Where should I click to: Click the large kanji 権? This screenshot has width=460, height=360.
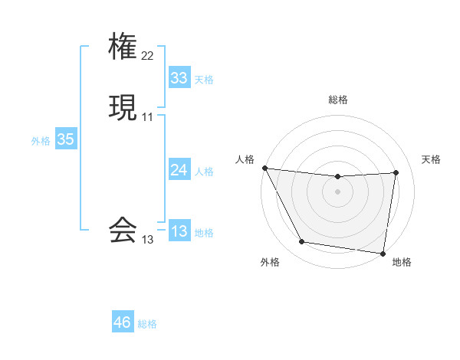click(123, 47)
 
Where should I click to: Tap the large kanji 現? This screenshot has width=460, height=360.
click(123, 106)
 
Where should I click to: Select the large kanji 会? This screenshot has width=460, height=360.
click(123, 229)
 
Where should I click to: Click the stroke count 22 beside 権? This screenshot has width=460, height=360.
click(148, 55)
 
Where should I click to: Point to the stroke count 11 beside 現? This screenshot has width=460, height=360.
click(148, 116)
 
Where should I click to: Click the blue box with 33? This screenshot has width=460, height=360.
click(179, 78)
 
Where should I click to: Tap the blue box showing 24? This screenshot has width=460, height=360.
click(179, 170)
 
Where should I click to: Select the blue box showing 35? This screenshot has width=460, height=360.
click(65, 139)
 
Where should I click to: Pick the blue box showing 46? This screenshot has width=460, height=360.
click(123, 322)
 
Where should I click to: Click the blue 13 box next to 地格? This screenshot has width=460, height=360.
click(179, 231)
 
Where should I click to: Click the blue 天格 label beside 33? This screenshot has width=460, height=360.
click(204, 80)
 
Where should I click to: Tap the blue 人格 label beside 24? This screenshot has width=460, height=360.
click(204, 172)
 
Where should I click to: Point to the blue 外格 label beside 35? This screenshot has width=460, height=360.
click(41, 141)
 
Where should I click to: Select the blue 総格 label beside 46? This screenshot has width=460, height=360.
click(147, 324)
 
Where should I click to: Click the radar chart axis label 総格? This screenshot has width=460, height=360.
click(338, 100)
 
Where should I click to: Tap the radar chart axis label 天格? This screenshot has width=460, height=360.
click(432, 159)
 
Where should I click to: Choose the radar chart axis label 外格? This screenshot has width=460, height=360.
click(270, 262)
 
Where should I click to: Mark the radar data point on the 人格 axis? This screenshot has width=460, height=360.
click(264, 168)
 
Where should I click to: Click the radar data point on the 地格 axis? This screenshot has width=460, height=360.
click(383, 253)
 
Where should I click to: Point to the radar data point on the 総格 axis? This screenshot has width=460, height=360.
click(338, 177)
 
